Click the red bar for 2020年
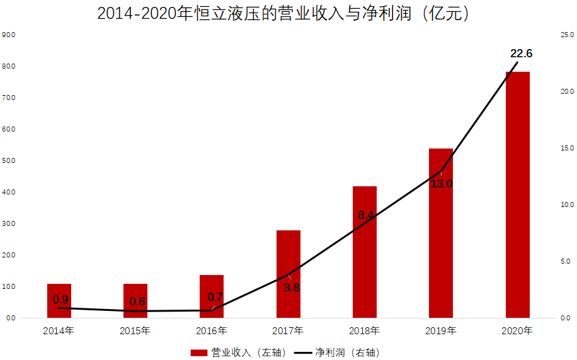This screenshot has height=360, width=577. [x=517, y=194]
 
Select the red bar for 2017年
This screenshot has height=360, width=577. [x=288, y=274]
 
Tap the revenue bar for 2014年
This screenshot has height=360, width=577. [x=59, y=301]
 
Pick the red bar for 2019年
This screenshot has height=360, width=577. [x=441, y=233]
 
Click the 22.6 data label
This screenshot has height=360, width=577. [x=522, y=53]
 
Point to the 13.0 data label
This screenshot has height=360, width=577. [x=442, y=184]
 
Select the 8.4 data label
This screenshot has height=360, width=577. [x=366, y=215]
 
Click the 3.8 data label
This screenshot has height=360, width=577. [x=291, y=288]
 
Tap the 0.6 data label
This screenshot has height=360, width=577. [x=137, y=301]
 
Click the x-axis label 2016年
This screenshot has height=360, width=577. [x=212, y=330]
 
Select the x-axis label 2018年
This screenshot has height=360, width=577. [x=365, y=330]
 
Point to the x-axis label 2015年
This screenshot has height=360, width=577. [x=135, y=330]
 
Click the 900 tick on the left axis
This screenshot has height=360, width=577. [x=9, y=35]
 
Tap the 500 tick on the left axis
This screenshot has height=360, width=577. [x=9, y=160]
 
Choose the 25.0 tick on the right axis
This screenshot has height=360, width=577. [x=567, y=35]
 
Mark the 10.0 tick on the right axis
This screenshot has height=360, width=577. [x=567, y=205]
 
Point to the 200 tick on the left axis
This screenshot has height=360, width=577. [x=9, y=255]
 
